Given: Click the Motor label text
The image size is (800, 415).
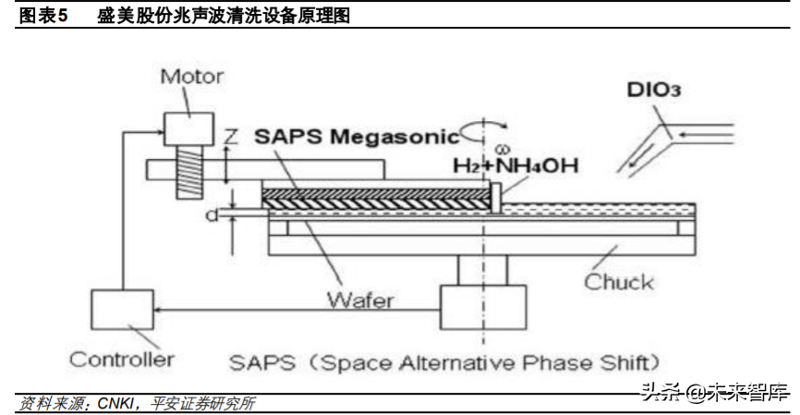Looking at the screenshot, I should pyautogui.click(x=192, y=75).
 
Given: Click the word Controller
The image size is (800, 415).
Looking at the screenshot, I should pyautogui.click(x=122, y=359).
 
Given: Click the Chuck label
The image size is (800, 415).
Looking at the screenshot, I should pyautogui.click(x=618, y=282).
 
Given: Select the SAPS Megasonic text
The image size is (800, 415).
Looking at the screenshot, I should pyautogui.click(x=357, y=138).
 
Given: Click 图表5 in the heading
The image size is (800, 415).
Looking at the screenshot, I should pyautogui.click(x=44, y=16).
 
